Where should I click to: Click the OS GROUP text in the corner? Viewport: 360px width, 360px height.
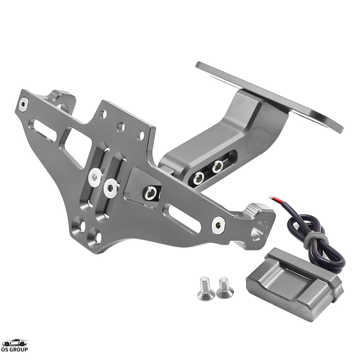click(14, 349)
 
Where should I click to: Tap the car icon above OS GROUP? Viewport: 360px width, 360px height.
click(14, 342)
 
